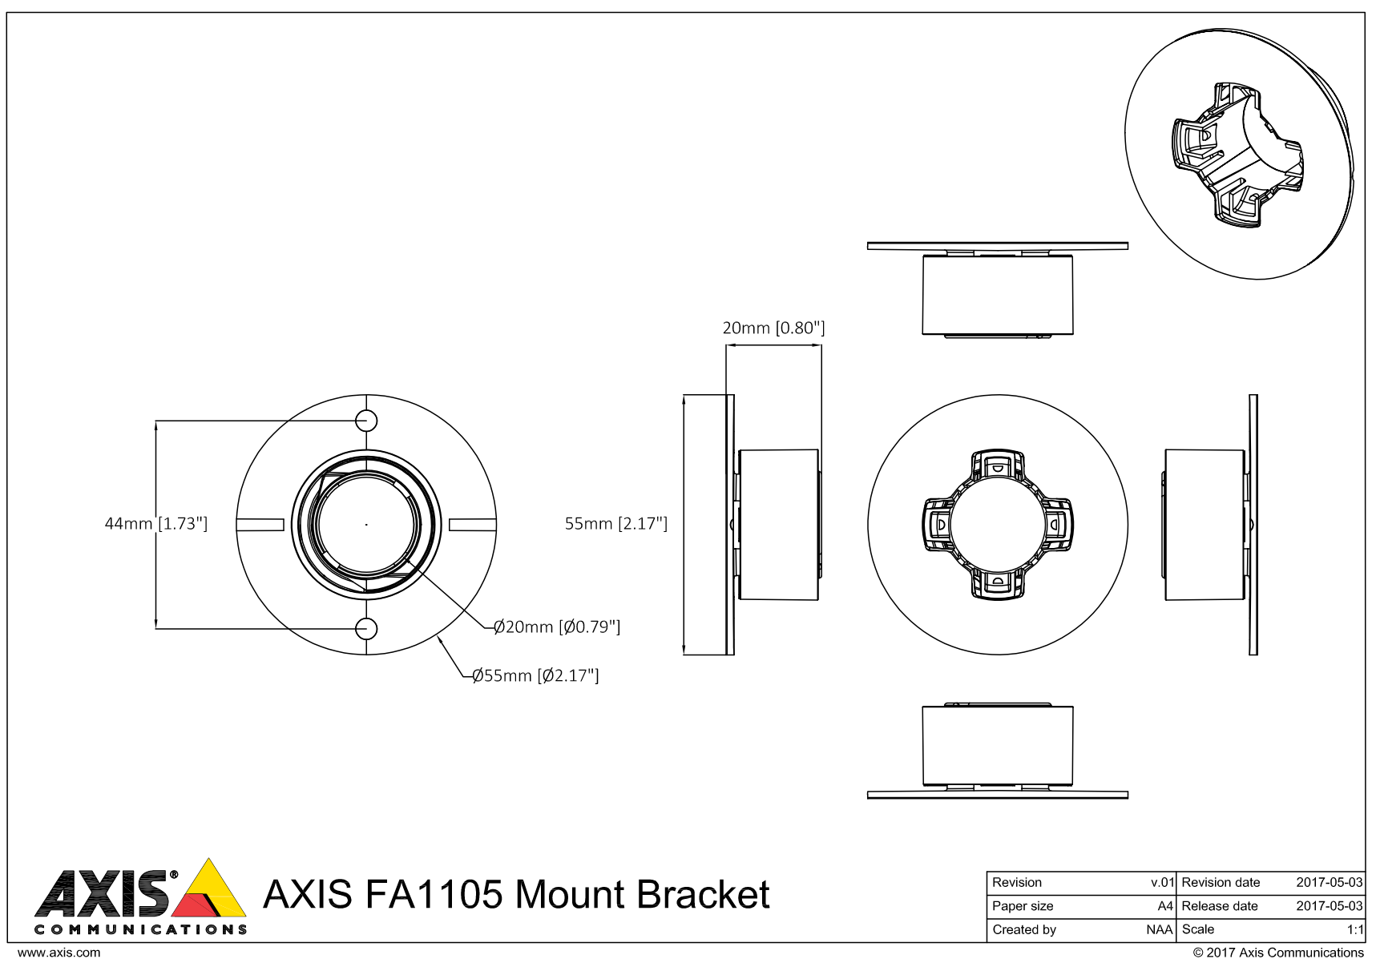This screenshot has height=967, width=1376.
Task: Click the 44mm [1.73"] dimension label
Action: (156, 523)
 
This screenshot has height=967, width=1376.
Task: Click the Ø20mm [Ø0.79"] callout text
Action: (557, 627)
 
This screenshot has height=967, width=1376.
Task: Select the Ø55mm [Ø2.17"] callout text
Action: (535, 675)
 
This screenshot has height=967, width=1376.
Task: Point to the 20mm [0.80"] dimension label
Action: (773, 328)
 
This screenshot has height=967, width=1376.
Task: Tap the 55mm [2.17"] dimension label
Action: (615, 523)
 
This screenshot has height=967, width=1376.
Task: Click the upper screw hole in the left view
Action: (366, 420)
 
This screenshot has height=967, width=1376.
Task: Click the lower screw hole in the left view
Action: (366, 629)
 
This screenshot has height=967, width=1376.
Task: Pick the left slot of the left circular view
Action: (260, 525)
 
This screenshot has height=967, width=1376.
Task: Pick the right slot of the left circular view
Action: (472, 525)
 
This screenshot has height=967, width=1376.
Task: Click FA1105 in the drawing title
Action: (434, 895)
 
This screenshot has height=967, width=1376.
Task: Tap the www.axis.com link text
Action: (59, 953)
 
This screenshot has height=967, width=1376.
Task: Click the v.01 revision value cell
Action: (1162, 882)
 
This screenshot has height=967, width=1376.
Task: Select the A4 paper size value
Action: (1164, 906)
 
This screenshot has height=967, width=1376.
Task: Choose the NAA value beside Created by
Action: (1159, 929)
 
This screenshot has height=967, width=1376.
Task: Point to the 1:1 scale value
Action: (1354, 929)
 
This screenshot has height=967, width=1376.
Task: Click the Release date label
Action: (1220, 906)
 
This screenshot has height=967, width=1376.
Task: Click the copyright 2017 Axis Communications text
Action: (1277, 953)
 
